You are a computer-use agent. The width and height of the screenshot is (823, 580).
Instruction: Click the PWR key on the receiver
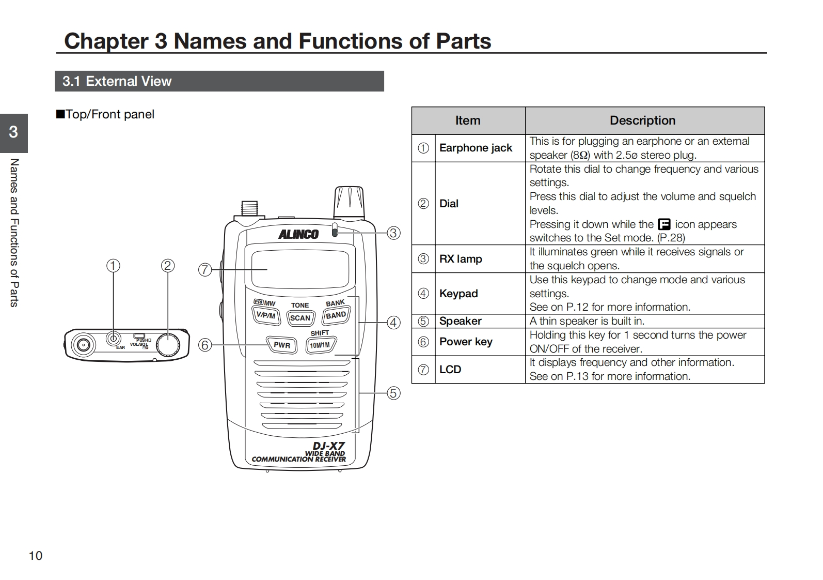coord(281,345)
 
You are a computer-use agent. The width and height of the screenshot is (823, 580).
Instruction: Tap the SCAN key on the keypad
coord(300,318)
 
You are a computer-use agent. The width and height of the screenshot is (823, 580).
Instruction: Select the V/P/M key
coord(266,315)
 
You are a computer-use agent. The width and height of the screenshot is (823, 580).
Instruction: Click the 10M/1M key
coord(321,345)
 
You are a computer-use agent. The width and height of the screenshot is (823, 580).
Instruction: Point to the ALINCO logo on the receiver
coord(298,234)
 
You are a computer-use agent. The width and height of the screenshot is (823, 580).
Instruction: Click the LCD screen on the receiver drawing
coord(300,269)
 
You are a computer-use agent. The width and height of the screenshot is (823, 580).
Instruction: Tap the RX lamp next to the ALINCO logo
coord(335,230)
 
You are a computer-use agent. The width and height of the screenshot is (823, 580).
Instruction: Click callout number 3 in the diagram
coord(393,233)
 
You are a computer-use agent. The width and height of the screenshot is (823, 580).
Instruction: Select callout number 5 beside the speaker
coord(393,393)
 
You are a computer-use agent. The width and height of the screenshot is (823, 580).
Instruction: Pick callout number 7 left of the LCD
coord(205,269)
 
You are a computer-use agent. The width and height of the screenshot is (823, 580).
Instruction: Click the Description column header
coord(642,120)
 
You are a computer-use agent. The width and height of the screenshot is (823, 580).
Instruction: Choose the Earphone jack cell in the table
coord(476,148)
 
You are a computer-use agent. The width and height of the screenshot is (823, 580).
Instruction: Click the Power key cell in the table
coord(466,342)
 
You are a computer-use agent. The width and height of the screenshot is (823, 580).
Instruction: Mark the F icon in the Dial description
coord(664,224)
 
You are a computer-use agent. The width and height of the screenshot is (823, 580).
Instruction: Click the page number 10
coord(36,556)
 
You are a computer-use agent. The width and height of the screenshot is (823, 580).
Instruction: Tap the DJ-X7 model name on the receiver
coord(328,446)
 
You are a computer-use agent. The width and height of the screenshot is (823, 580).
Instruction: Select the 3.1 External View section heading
coord(117,81)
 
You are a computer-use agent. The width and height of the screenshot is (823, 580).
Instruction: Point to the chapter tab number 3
coord(13,132)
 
